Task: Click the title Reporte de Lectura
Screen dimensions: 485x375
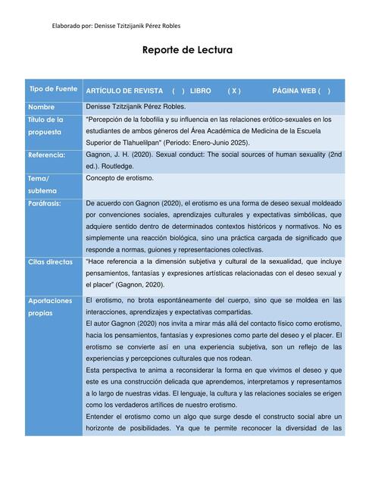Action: (x=187, y=51)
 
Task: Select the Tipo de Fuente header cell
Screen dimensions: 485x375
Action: (x=53, y=89)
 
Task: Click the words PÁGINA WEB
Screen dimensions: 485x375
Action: (x=293, y=90)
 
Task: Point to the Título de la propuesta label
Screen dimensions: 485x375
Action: (x=45, y=125)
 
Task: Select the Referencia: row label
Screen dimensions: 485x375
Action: (x=47, y=155)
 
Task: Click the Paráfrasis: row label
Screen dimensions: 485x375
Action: (x=45, y=203)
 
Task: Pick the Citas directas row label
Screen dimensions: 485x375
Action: (x=50, y=261)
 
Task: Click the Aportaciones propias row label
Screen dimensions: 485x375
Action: (x=50, y=306)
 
